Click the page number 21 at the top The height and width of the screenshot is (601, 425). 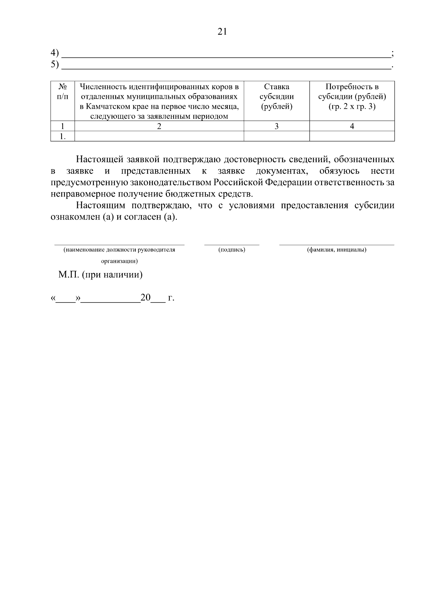222,32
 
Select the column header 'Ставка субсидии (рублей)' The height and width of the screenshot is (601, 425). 276,97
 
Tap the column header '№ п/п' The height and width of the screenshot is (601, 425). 63,91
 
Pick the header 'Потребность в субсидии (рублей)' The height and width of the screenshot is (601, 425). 352,97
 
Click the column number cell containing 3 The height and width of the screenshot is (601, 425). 276,126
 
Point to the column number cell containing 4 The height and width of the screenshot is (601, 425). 352,126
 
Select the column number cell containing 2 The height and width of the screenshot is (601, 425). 159,126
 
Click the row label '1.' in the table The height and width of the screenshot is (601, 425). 63,136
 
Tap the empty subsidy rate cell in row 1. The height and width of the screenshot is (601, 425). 276,136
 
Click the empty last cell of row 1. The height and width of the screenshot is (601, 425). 352,136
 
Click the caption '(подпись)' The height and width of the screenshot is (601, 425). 232,250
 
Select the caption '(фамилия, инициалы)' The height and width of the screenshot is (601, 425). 336,250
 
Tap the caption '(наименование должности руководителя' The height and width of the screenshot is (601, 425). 119,250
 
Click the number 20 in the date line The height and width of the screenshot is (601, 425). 146,297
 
